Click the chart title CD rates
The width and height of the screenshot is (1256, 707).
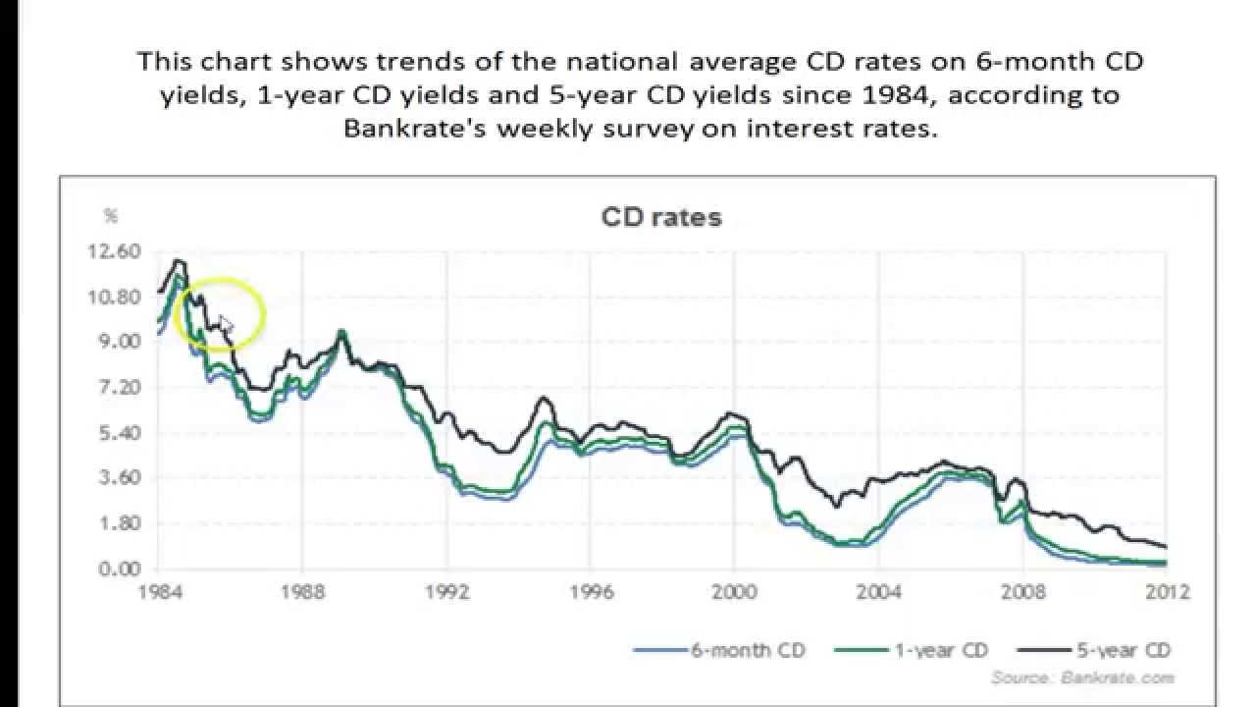[x=661, y=217]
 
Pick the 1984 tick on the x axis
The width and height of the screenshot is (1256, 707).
[x=157, y=592]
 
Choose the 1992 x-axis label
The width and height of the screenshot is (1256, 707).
[x=446, y=592]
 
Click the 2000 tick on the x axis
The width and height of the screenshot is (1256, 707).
[x=735, y=592]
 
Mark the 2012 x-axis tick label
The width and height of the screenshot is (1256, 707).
[x=1168, y=592]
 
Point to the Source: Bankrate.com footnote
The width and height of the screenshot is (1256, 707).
[x=1082, y=678]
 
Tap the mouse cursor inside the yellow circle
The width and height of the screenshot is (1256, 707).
[x=225, y=323]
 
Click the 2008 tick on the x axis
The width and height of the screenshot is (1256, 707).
[x=1023, y=592]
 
